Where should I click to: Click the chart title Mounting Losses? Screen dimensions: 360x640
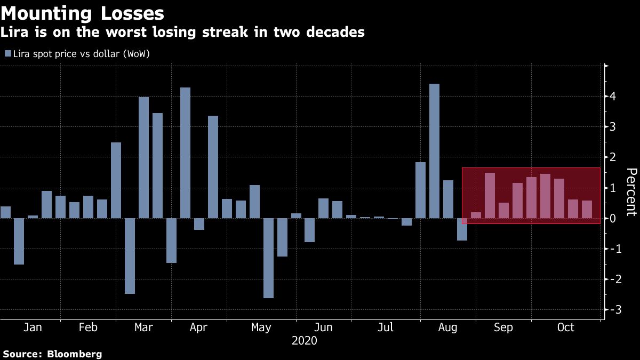(83, 12)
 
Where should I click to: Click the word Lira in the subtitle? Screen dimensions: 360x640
(15, 32)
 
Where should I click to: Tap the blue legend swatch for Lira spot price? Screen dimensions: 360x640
(7, 53)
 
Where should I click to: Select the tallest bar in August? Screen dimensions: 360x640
(434, 151)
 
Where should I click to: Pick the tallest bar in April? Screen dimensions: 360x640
(185, 153)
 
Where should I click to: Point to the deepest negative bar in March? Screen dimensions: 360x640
(130, 255)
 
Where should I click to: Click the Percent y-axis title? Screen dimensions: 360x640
(631, 192)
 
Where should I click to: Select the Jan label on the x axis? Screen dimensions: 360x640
(33, 327)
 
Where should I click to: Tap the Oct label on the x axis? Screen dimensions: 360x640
(565, 327)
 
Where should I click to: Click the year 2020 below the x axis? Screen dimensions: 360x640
(304, 340)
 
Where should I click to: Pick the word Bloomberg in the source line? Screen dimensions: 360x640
(75, 354)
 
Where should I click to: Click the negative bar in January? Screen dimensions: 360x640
(19, 241)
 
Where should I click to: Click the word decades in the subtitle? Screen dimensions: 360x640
(333, 32)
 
